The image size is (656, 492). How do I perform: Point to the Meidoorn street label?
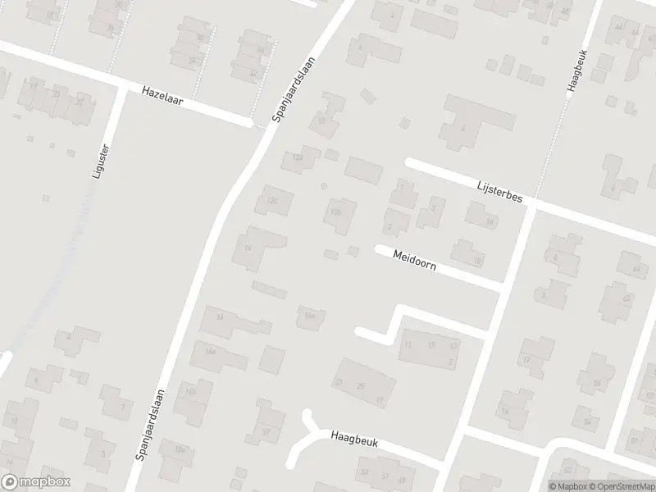pos(413,262)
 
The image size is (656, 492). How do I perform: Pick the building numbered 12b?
pos(337,214)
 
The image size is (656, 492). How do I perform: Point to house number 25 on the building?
pos(361,384)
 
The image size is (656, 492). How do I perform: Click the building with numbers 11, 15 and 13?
pos(429,347)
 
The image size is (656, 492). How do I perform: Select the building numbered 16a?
pos(216,357)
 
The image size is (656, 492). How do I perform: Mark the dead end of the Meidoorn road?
pos(378,248)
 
